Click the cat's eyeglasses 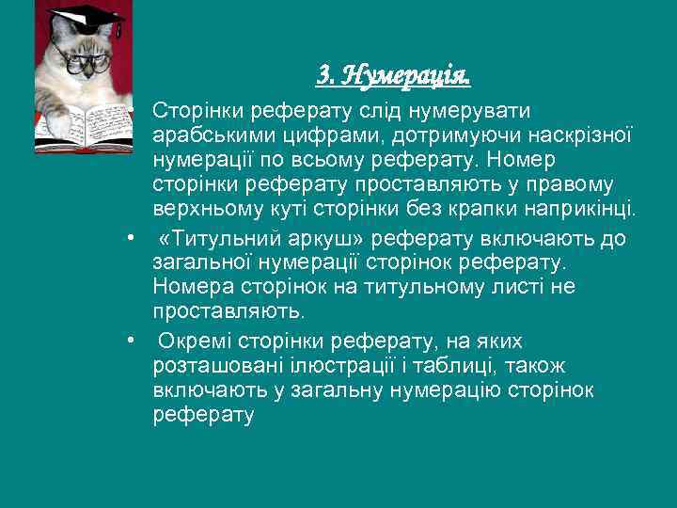coord(86,62)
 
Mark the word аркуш coord(317,239)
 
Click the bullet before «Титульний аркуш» coord(134,240)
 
